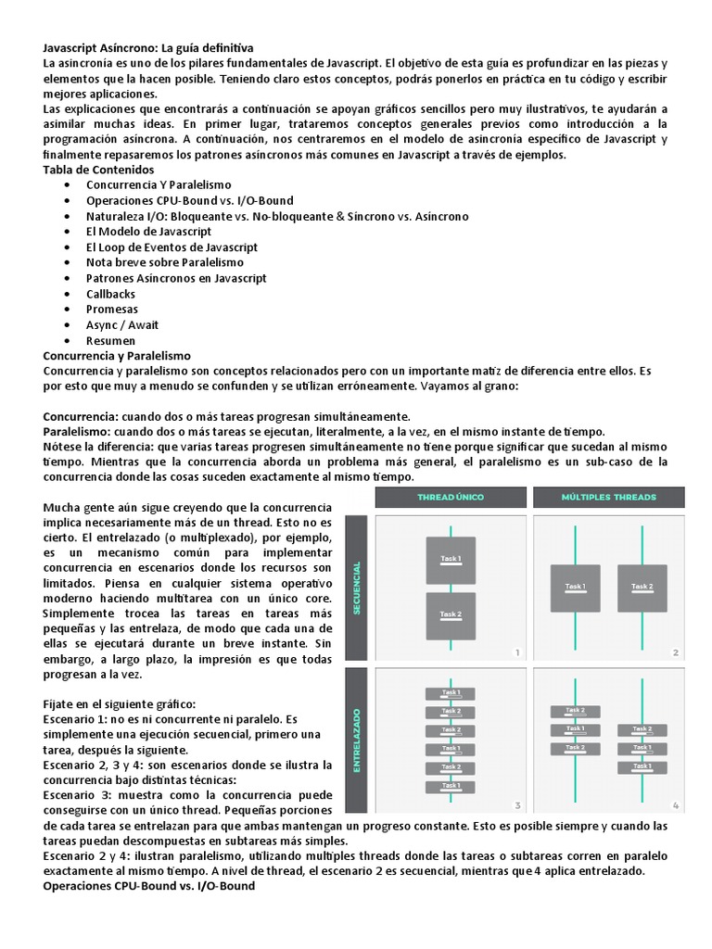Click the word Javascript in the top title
click(x=73, y=46)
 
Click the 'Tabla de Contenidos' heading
click(x=99, y=170)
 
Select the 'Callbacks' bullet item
click(x=110, y=294)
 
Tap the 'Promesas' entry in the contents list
click(x=111, y=310)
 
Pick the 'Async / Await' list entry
click(x=122, y=324)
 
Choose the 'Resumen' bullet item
click(x=110, y=340)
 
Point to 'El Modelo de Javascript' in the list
click(x=148, y=232)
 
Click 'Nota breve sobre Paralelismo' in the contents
click(x=165, y=262)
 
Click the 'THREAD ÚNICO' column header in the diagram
click(x=451, y=498)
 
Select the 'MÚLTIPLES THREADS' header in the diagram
click(x=608, y=498)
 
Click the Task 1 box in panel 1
click(x=451, y=560)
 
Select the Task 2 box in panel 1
click(x=451, y=615)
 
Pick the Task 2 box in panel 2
click(x=642, y=588)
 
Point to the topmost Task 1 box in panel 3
click(x=451, y=693)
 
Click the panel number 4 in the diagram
click(x=676, y=804)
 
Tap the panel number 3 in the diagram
click(x=518, y=804)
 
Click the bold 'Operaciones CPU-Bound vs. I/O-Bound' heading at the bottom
click(x=149, y=886)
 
